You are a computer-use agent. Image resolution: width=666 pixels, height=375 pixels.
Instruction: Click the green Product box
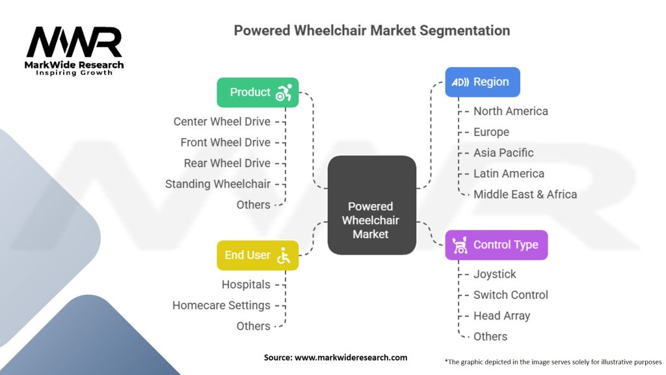(x=258, y=92)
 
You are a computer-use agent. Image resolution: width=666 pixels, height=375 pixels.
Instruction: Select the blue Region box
(x=482, y=82)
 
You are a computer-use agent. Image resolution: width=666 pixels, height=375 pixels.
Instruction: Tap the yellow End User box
(x=258, y=255)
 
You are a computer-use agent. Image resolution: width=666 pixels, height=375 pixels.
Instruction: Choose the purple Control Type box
(x=496, y=245)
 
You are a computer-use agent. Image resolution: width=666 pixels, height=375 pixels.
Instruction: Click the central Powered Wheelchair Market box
(x=371, y=204)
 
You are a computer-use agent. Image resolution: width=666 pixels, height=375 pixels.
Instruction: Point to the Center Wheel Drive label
(x=222, y=121)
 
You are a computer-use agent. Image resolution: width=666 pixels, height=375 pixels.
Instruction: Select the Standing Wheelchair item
(x=217, y=184)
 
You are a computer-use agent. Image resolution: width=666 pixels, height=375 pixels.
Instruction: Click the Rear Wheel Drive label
(x=227, y=163)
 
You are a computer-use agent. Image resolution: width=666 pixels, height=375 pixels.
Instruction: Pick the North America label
(x=511, y=111)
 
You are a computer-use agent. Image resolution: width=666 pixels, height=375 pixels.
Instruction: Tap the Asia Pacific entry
(x=503, y=153)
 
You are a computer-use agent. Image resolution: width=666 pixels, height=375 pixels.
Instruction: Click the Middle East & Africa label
(x=525, y=194)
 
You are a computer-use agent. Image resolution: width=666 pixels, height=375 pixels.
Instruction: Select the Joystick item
(x=495, y=274)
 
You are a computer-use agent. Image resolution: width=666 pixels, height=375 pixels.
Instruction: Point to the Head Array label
(x=501, y=316)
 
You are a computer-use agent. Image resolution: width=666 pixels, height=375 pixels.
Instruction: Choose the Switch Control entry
(x=511, y=295)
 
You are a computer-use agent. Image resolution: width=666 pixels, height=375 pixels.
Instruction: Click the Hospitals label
(x=246, y=285)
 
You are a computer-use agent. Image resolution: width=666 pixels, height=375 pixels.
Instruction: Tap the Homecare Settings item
(x=221, y=305)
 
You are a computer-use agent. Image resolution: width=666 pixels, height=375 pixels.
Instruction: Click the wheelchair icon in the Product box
(x=284, y=93)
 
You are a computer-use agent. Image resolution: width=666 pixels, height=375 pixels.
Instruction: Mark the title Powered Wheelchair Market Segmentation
(x=372, y=31)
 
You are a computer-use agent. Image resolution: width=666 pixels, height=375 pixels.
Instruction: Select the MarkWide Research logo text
(x=74, y=65)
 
